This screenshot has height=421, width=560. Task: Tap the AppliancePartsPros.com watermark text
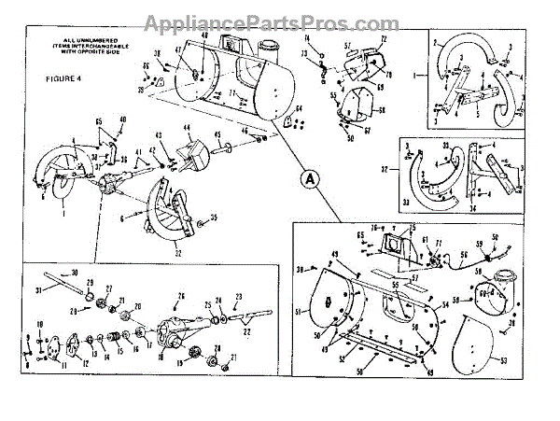pos(280,21)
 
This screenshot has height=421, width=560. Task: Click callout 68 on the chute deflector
pos(381,111)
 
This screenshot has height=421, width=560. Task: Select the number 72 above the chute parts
pos(383,40)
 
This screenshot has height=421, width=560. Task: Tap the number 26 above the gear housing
pos(181,297)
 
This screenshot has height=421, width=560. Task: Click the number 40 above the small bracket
pos(123,119)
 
